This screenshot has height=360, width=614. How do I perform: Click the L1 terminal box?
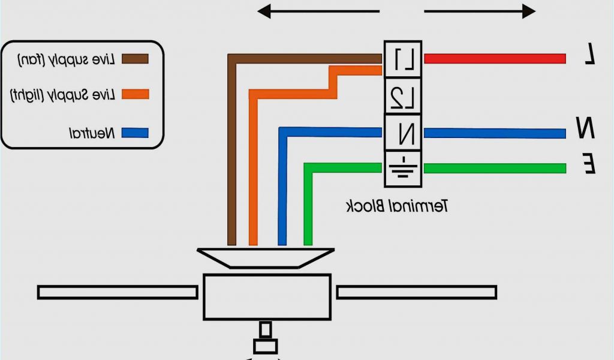pos(402,59)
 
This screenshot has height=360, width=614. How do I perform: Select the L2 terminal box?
pos(402,96)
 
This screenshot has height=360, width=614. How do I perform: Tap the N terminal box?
pos(402,133)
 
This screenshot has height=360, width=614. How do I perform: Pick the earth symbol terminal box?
pos(402,169)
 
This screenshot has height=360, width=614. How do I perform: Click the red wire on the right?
pos(495,58)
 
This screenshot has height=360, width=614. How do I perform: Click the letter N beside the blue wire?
pos(586,128)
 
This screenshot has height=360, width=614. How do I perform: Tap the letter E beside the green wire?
pos(589,163)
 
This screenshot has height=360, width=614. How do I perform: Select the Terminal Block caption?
pos(398,206)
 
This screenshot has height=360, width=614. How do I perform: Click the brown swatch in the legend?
pos(135,58)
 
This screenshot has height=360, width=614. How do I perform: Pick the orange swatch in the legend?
pos(135,94)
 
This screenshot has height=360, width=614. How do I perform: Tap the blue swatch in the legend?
pos(135,133)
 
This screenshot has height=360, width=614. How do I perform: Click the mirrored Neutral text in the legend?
pos(92,133)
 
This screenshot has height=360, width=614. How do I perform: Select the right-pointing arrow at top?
pos(479,11)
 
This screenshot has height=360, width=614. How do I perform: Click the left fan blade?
pos(118,292)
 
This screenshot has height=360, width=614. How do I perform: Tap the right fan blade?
pos(416,292)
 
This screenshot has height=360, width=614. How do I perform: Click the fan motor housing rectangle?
pos(267,296)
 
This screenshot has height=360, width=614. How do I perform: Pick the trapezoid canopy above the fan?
pos(266,257)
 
